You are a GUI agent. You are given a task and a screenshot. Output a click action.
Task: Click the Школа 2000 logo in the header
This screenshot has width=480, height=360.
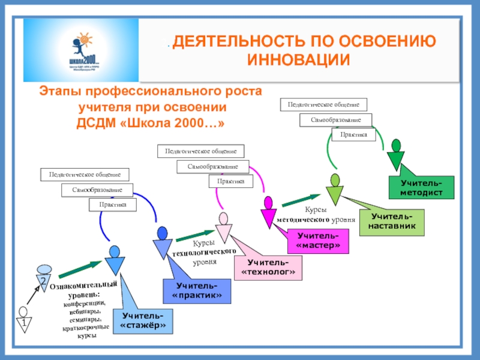click(x=80, y=49)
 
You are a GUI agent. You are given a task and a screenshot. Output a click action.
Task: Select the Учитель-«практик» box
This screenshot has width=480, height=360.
click(x=196, y=291)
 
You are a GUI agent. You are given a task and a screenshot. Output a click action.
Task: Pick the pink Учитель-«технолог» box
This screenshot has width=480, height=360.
click(x=268, y=268)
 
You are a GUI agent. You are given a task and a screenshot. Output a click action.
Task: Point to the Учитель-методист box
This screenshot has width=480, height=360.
click(x=421, y=187)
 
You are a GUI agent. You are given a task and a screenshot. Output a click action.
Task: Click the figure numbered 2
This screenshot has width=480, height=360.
click(x=43, y=277)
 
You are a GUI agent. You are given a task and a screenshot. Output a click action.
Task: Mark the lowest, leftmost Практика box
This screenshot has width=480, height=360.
click(x=113, y=205)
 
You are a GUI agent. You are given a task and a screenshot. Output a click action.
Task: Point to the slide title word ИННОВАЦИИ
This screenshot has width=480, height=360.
click(x=298, y=61)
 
